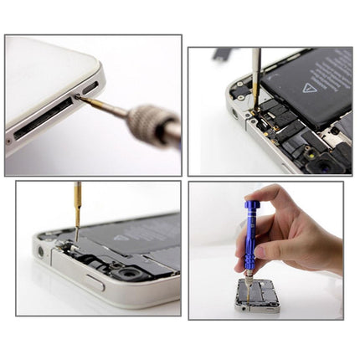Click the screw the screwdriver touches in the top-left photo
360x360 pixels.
[78, 99]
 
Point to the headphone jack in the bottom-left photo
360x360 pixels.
[40, 252]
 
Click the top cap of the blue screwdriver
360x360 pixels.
[252, 203]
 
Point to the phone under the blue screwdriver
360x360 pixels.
[256, 297]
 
